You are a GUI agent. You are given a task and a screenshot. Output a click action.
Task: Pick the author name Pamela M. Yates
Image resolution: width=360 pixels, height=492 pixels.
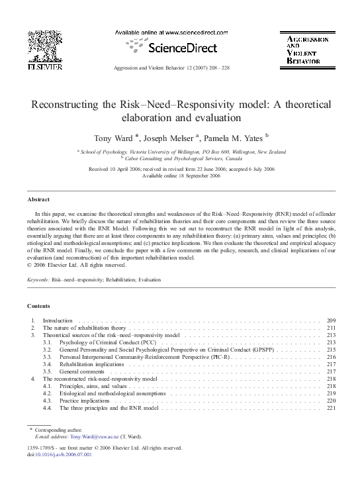[234, 138]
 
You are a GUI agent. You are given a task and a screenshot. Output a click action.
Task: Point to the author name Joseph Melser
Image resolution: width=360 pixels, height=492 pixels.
[174, 138]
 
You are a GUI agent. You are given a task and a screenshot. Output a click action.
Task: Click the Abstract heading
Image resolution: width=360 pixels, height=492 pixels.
[38, 199]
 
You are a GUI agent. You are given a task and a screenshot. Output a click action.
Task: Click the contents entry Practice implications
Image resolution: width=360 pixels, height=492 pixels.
[87, 401]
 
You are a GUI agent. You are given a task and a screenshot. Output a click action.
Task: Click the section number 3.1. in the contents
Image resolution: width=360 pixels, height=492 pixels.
[47, 342]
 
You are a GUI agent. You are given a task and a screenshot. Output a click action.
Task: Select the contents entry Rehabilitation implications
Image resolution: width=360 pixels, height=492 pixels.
[91, 364]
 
